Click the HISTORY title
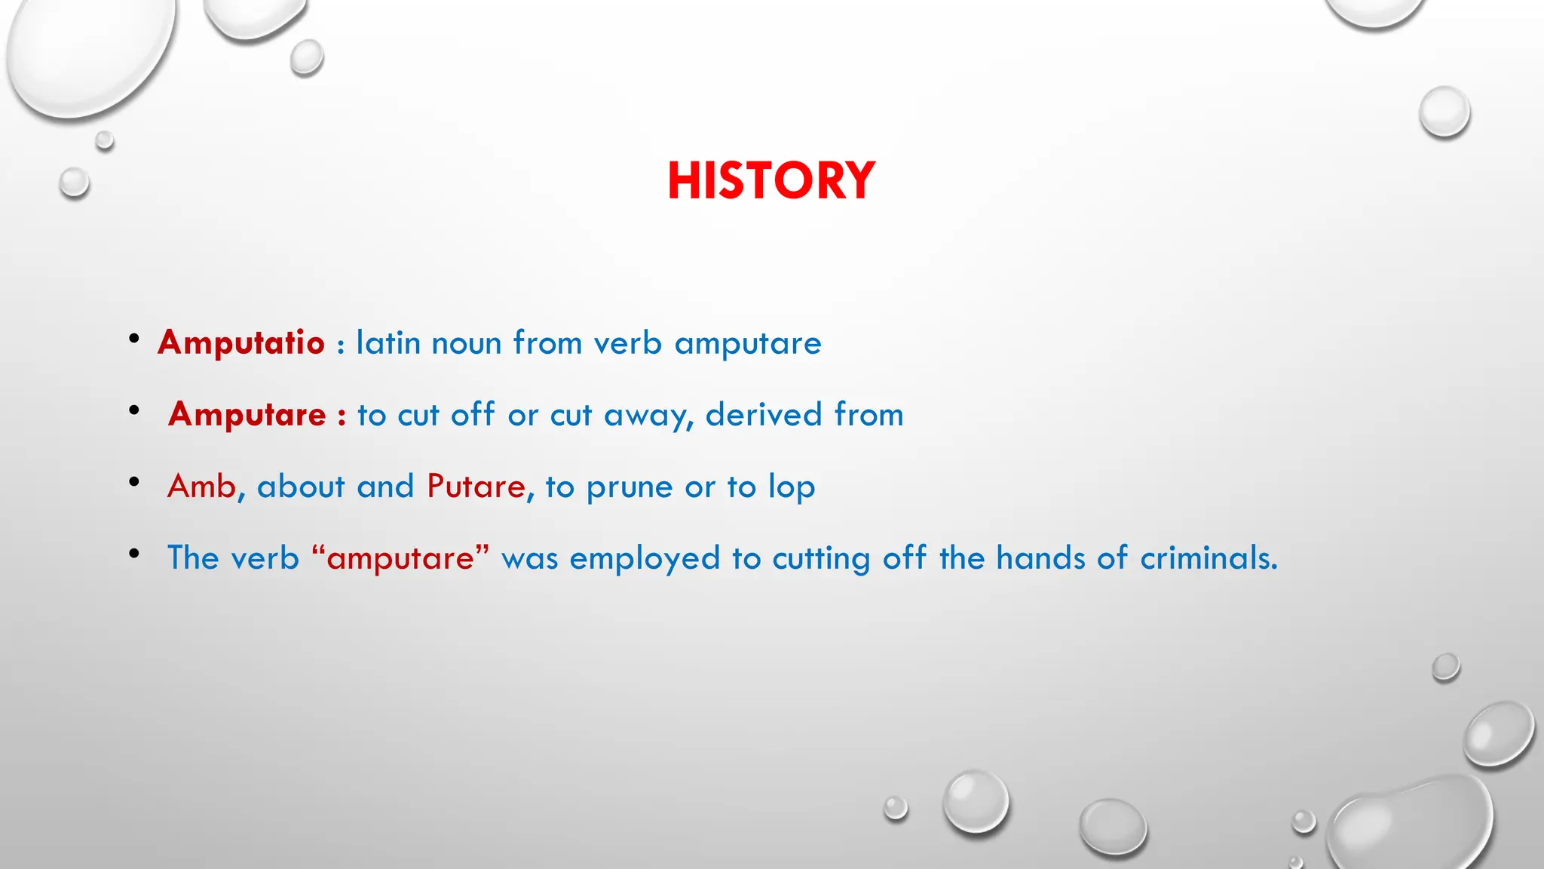770,181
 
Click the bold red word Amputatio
241,342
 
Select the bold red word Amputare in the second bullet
247,414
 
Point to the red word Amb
201,486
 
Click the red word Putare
476,486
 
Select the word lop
792,487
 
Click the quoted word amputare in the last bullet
400,559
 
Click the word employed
645,559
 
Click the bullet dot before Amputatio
134,339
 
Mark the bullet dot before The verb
134,554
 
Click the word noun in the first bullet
466,343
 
